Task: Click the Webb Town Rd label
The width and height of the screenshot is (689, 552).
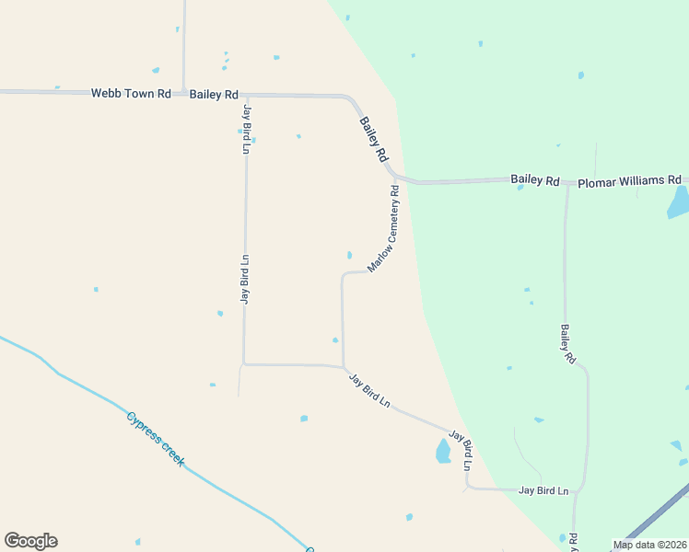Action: click(131, 94)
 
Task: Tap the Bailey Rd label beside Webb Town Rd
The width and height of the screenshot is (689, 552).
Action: click(215, 95)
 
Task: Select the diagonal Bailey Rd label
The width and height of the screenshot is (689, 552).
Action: click(373, 140)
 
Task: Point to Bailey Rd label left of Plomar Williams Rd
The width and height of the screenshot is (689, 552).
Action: click(535, 180)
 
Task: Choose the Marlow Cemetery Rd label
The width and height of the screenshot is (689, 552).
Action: click(384, 229)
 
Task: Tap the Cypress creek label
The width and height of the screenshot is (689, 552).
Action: click(155, 438)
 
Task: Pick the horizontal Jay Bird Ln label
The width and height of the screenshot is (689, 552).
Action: click(543, 491)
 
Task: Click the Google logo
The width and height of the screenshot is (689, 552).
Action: click(30, 541)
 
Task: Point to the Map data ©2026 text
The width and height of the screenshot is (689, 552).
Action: click(648, 545)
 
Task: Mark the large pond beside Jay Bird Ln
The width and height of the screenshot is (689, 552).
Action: click(443, 451)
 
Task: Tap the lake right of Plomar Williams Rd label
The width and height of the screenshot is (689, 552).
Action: click(679, 201)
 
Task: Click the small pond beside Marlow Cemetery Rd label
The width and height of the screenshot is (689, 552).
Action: click(349, 255)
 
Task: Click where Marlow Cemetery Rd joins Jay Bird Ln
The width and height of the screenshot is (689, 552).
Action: click(344, 366)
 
